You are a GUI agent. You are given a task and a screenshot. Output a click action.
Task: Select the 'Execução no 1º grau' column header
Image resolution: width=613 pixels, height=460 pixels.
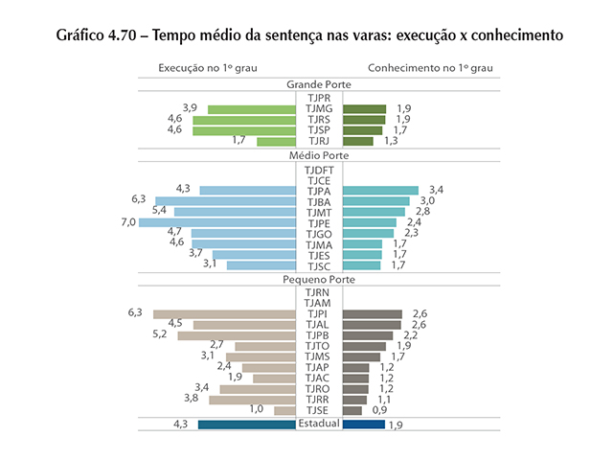click(207, 69)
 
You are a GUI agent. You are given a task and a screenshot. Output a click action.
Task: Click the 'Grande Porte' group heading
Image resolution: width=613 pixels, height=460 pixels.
click(318, 85)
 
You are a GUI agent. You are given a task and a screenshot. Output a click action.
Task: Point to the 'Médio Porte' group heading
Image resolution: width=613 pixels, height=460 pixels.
click(318, 155)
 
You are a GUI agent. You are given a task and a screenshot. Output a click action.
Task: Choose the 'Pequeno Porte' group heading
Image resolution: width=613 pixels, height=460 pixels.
click(318, 279)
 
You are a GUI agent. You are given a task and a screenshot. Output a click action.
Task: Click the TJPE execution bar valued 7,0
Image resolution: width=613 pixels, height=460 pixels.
click(217, 222)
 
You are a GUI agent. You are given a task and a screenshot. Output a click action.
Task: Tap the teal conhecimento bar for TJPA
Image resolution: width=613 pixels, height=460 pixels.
click(380, 190)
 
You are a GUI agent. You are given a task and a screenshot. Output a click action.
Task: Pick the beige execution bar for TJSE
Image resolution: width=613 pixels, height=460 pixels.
click(284, 410)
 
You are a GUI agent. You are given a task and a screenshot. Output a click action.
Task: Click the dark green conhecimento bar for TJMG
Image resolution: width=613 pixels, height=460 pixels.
click(364, 109)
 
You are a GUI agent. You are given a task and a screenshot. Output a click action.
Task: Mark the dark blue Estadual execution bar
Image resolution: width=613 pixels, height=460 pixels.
click(246, 424)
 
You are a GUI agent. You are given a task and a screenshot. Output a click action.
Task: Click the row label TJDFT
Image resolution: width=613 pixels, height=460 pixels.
click(319, 170)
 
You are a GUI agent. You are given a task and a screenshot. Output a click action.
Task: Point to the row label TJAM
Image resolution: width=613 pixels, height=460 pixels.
click(319, 303)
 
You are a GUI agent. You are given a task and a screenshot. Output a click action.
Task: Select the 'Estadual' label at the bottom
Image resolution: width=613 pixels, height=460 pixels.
click(319, 424)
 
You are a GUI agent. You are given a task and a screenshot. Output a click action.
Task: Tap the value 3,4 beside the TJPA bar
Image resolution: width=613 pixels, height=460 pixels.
click(437, 190)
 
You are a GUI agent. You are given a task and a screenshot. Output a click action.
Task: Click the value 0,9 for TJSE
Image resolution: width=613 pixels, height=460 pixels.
click(379, 410)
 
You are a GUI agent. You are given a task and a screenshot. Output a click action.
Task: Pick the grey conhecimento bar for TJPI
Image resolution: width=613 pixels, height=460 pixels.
click(372, 313)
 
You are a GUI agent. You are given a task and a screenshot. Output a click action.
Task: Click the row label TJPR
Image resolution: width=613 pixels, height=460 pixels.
click(319, 98)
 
